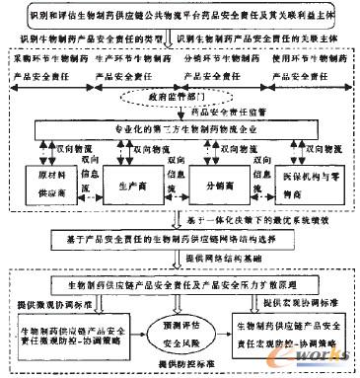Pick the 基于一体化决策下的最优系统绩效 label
[x=240, y=215]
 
